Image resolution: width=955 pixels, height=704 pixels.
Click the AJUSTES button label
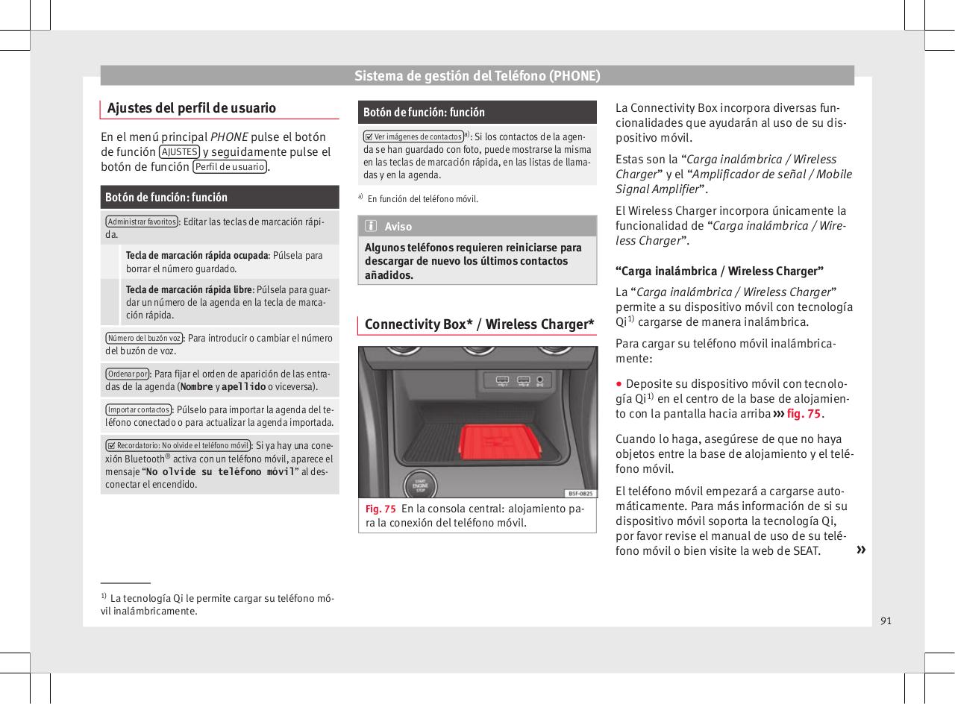[x=178, y=152]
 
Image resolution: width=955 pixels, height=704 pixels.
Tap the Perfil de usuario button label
[x=230, y=167]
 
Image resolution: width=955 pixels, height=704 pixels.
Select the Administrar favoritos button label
[x=141, y=221]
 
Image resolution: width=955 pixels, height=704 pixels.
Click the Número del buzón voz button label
[x=144, y=337]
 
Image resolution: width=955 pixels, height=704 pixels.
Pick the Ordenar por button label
[x=128, y=373]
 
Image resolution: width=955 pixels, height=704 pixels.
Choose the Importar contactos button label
[x=139, y=409]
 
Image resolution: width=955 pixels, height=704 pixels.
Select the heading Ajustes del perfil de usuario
[x=192, y=108]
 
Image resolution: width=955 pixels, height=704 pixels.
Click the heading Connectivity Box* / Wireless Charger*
[x=479, y=324]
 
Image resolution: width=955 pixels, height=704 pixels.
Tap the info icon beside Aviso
[x=372, y=227]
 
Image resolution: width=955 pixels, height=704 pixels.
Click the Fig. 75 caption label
[x=381, y=509]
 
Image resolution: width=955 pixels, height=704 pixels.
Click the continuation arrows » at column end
[x=861, y=550]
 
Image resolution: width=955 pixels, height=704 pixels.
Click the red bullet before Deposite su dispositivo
[x=619, y=383]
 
